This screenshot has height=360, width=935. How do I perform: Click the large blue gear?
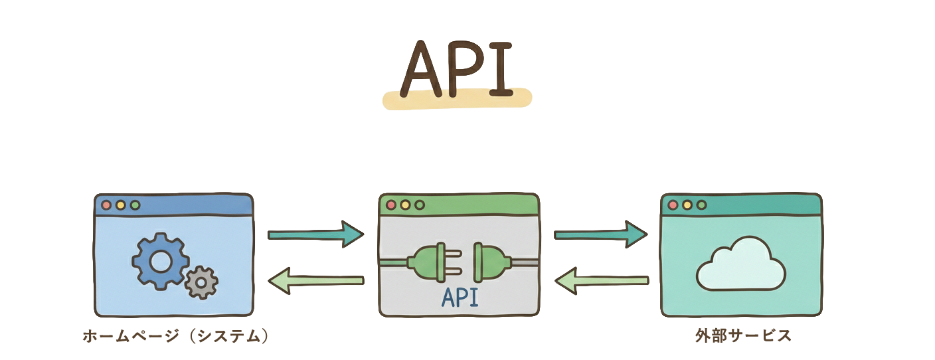pos(159,262)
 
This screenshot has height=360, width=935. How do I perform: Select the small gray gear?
pos(201,282)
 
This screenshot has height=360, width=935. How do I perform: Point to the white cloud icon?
pos(740,266)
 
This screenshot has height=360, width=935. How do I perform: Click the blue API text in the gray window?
pos(460,298)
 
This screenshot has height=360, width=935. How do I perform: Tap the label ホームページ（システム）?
pos(177,336)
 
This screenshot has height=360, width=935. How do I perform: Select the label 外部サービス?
pos(743,336)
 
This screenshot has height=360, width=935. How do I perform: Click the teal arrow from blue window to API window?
pos(316,234)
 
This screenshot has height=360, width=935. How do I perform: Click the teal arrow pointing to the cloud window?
pos(600,234)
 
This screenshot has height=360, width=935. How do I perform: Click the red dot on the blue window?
pos(106,205)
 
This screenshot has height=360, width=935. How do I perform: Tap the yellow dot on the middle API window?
pos(405,205)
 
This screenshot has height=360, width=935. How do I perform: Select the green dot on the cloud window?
pos(701,205)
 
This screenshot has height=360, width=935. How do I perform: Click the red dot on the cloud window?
pos(673,205)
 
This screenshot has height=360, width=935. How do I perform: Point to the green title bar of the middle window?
pos(478,205)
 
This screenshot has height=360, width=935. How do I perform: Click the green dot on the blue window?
pos(135,205)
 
